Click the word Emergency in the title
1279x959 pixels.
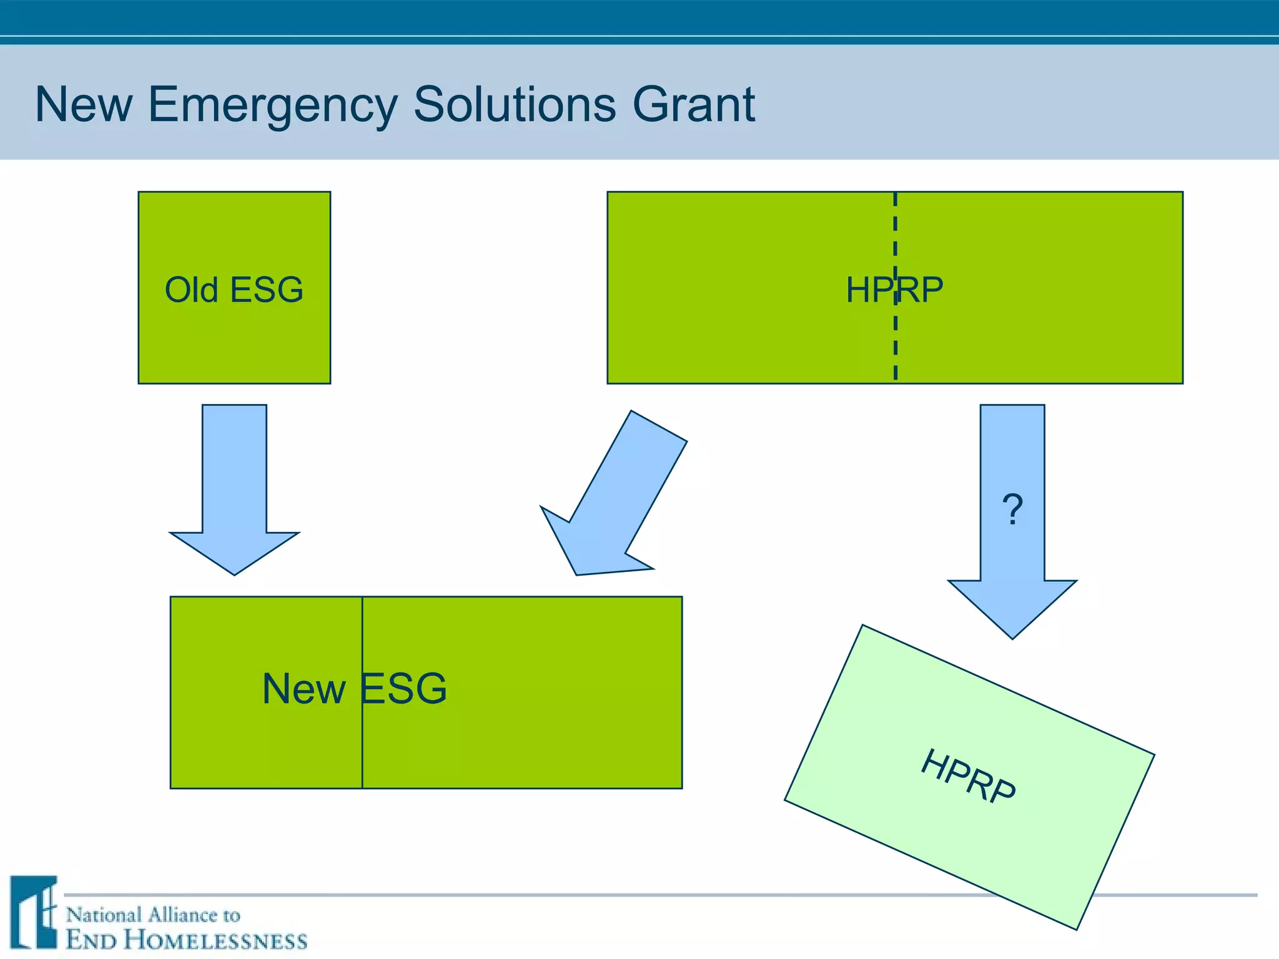tap(273, 105)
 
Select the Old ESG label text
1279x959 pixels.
tap(234, 290)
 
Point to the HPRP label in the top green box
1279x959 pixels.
tap(894, 290)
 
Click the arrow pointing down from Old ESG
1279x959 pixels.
tap(234, 487)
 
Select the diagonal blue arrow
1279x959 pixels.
tap(618, 493)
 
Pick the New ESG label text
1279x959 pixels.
tap(354, 689)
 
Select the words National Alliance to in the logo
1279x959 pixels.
tap(153, 915)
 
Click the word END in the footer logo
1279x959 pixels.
tap(91, 940)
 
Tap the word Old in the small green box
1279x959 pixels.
tap(191, 290)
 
